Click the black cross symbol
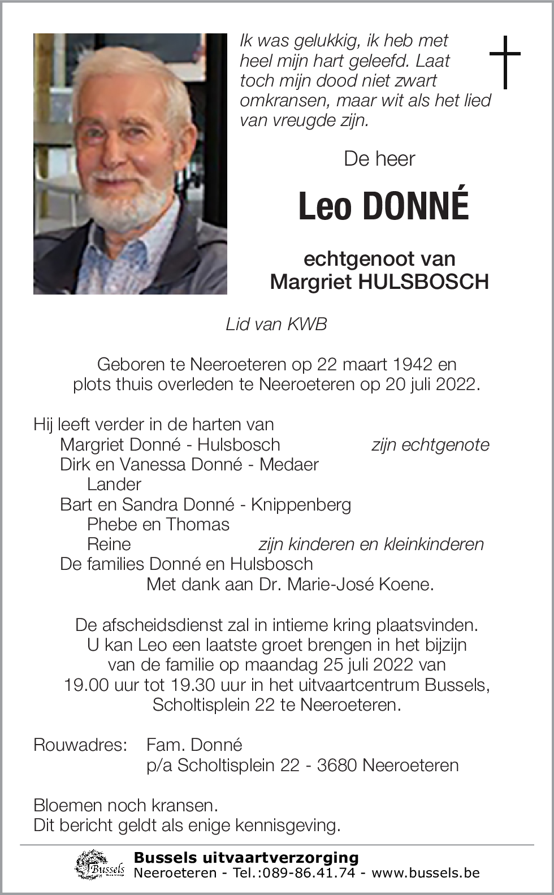click(504, 62)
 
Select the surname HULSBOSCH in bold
click(423, 282)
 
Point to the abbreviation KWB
click(307, 324)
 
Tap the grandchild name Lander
click(114, 484)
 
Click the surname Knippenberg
click(301, 504)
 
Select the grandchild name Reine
click(109, 544)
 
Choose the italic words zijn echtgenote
click(430, 445)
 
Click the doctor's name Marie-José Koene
click(360, 584)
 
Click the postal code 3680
click(337, 765)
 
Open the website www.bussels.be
click(425, 873)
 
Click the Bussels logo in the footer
click(100, 866)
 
